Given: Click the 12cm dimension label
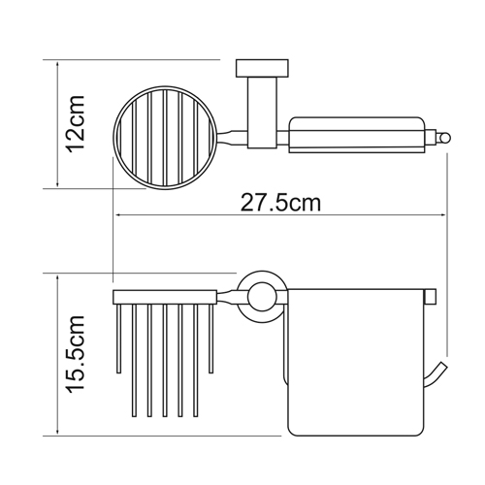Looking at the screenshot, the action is tap(76, 124).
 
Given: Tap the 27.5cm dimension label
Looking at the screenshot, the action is tap(280, 203).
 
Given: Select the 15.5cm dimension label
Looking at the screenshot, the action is tap(76, 354).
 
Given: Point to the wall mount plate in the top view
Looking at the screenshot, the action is tap(262, 68).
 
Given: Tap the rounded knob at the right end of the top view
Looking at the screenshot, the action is tap(443, 139).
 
